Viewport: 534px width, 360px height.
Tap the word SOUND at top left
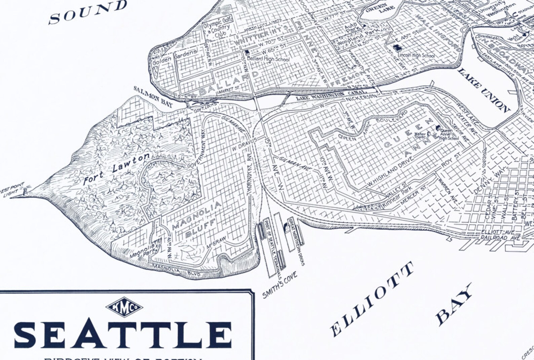pos(88,12)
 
